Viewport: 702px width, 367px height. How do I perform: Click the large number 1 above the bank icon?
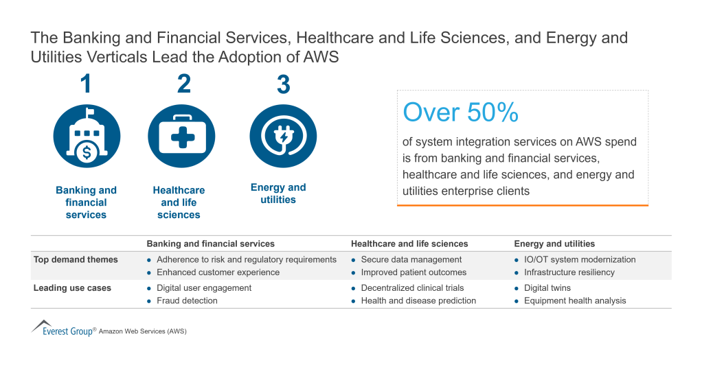pos(86,84)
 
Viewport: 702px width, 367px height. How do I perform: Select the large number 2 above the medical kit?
pos(183,84)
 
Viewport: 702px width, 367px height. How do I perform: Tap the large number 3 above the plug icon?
pos(283,85)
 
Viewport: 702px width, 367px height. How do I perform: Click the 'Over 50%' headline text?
pos(460,113)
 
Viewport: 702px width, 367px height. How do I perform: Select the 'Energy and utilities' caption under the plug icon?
pos(278,193)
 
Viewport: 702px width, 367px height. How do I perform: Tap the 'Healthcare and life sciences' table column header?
pos(409,244)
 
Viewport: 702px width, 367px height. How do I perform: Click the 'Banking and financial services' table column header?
pos(210,244)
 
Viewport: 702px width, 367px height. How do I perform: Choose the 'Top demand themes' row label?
pos(76,259)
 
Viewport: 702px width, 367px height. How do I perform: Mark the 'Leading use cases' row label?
pos(72,288)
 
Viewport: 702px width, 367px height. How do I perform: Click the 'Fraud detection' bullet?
pos(187,300)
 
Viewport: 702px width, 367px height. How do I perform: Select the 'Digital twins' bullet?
pos(547,288)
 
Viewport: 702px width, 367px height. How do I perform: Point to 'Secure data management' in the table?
pos(411,259)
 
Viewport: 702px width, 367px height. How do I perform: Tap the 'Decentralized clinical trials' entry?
pos(412,288)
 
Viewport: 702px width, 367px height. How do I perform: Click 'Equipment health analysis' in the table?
pos(575,300)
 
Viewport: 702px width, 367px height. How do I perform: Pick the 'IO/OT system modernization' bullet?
pos(580,259)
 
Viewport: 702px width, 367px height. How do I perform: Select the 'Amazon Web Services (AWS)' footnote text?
pos(142,331)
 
